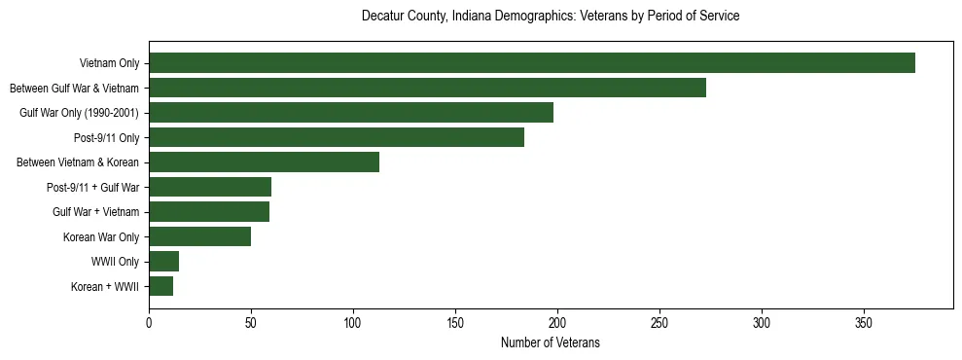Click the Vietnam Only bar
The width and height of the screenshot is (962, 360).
532,63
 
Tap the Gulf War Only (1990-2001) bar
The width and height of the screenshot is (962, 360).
351,113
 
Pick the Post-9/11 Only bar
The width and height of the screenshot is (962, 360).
337,137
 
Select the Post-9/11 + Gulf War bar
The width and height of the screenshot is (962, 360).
210,187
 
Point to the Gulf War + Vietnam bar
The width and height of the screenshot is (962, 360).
209,212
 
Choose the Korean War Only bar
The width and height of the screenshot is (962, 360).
199,236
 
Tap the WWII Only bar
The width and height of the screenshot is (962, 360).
163,262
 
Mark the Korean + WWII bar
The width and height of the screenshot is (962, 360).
160,286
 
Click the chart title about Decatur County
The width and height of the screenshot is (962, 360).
551,17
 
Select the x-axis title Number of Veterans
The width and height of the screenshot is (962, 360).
551,342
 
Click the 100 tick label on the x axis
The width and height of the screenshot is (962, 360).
353,322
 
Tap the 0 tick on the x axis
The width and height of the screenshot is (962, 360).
149,322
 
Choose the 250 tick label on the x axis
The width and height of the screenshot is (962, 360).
659,322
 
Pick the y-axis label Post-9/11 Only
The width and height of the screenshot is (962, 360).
106,137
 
